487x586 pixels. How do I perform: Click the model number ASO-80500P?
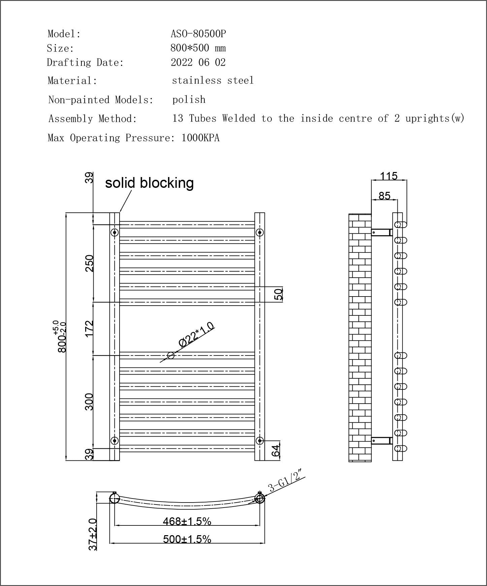point(198,34)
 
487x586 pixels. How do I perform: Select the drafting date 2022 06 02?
point(198,63)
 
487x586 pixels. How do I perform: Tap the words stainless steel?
point(213,80)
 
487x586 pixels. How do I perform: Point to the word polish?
point(189,100)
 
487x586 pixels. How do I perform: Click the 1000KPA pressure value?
point(200,138)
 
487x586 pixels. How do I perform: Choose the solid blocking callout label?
point(149,183)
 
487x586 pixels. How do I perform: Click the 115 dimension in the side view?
point(389,176)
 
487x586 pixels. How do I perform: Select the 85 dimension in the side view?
point(384,196)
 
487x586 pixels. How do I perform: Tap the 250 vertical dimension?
point(89,263)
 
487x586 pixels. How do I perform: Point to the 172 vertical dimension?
point(89,329)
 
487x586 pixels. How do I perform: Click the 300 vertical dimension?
point(89,402)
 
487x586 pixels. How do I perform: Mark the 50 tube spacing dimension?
point(279,294)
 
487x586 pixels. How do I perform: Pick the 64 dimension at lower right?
point(275,451)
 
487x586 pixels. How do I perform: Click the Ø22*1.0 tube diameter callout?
point(196,335)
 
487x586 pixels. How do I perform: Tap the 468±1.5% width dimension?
point(187,521)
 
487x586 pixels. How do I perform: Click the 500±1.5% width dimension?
point(187,539)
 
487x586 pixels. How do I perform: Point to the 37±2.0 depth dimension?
point(93,534)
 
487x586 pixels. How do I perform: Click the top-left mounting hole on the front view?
point(115,232)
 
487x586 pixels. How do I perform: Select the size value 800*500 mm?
point(198,48)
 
